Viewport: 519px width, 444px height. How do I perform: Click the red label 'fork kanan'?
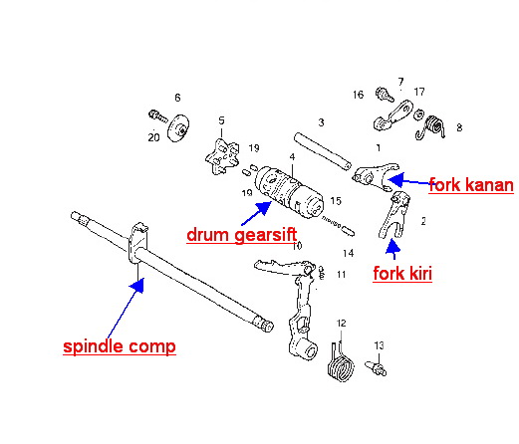pyautogui.click(x=471, y=185)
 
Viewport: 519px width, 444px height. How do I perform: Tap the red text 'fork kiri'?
pyautogui.click(x=402, y=274)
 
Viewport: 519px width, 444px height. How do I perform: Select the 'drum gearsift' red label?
pyautogui.click(x=242, y=235)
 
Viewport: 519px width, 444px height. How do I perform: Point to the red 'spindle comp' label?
pyautogui.click(x=120, y=346)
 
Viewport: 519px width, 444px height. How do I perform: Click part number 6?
pyautogui.click(x=177, y=98)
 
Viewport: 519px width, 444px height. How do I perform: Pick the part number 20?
pyautogui.click(x=153, y=137)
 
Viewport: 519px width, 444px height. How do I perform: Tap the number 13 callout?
pyautogui.click(x=379, y=345)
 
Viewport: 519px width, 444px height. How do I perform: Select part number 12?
pyautogui.click(x=341, y=324)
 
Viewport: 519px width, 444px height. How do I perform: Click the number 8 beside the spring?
pyautogui.click(x=459, y=127)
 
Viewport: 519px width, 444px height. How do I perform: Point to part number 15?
pyautogui.click(x=336, y=201)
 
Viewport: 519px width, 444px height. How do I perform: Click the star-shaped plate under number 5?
pyautogui.click(x=222, y=156)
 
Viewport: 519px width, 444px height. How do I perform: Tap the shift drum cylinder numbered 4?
pyautogui.click(x=289, y=192)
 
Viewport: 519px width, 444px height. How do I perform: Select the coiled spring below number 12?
pyautogui.click(x=341, y=363)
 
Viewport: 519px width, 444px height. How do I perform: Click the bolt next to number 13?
pyautogui.click(x=376, y=368)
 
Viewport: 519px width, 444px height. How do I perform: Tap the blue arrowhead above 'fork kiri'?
pyautogui.click(x=393, y=246)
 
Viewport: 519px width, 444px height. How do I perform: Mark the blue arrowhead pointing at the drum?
pyautogui.click(x=264, y=208)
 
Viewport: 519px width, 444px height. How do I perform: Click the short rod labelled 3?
pyautogui.click(x=322, y=150)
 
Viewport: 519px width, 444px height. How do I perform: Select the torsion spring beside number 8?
pyautogui.click(x=431, y=127)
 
